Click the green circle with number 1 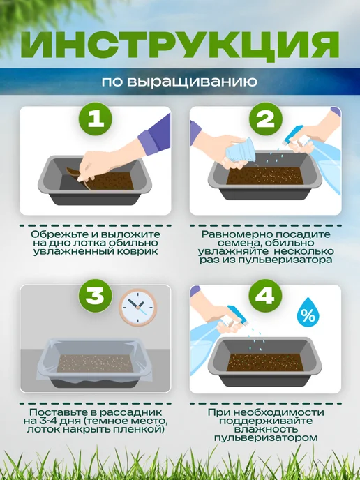(96, 119)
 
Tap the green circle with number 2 (265, 119)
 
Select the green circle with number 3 (96, 296)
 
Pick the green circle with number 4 (265, 296)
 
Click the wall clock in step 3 (137, 307)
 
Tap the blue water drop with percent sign (308, 313)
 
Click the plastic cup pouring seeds (241, 151)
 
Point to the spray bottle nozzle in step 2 (293, 135)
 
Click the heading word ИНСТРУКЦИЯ (180, 45)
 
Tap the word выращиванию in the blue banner (192, 82)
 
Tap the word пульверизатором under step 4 (265, 437)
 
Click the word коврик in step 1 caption (140, 252)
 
